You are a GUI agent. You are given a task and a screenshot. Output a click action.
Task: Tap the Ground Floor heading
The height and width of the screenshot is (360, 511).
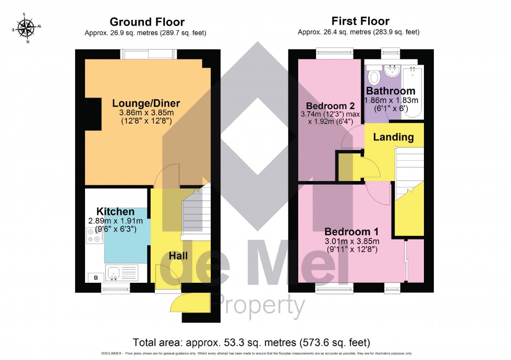147,22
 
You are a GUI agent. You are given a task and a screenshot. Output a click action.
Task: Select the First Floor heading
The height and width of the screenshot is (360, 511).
360,21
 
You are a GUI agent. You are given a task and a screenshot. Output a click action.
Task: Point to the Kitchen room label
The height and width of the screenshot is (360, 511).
115,212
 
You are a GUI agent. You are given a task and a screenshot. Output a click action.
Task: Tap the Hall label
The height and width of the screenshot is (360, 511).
178,256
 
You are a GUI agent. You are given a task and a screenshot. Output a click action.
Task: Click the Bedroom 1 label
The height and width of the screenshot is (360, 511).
351,232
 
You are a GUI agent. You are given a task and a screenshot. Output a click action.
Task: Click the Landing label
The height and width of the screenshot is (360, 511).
394,138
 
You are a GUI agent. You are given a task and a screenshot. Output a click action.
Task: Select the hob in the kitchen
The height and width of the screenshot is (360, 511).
94,236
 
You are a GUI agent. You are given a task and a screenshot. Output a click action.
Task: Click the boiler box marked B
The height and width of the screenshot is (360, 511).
95,277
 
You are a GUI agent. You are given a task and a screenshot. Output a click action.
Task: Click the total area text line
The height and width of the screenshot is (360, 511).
251,343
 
